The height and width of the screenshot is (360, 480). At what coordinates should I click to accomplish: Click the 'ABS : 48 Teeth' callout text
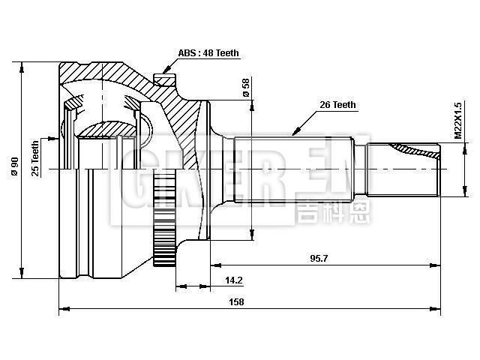208,53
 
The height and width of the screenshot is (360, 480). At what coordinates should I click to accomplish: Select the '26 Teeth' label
337,105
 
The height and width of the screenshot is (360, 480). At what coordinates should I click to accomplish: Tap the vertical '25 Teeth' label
34,159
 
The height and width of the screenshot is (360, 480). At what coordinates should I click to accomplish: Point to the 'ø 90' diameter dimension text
14,166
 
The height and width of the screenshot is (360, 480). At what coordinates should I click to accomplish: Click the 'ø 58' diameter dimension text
246,87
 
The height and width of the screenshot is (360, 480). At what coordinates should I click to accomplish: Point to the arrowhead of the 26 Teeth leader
293,133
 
